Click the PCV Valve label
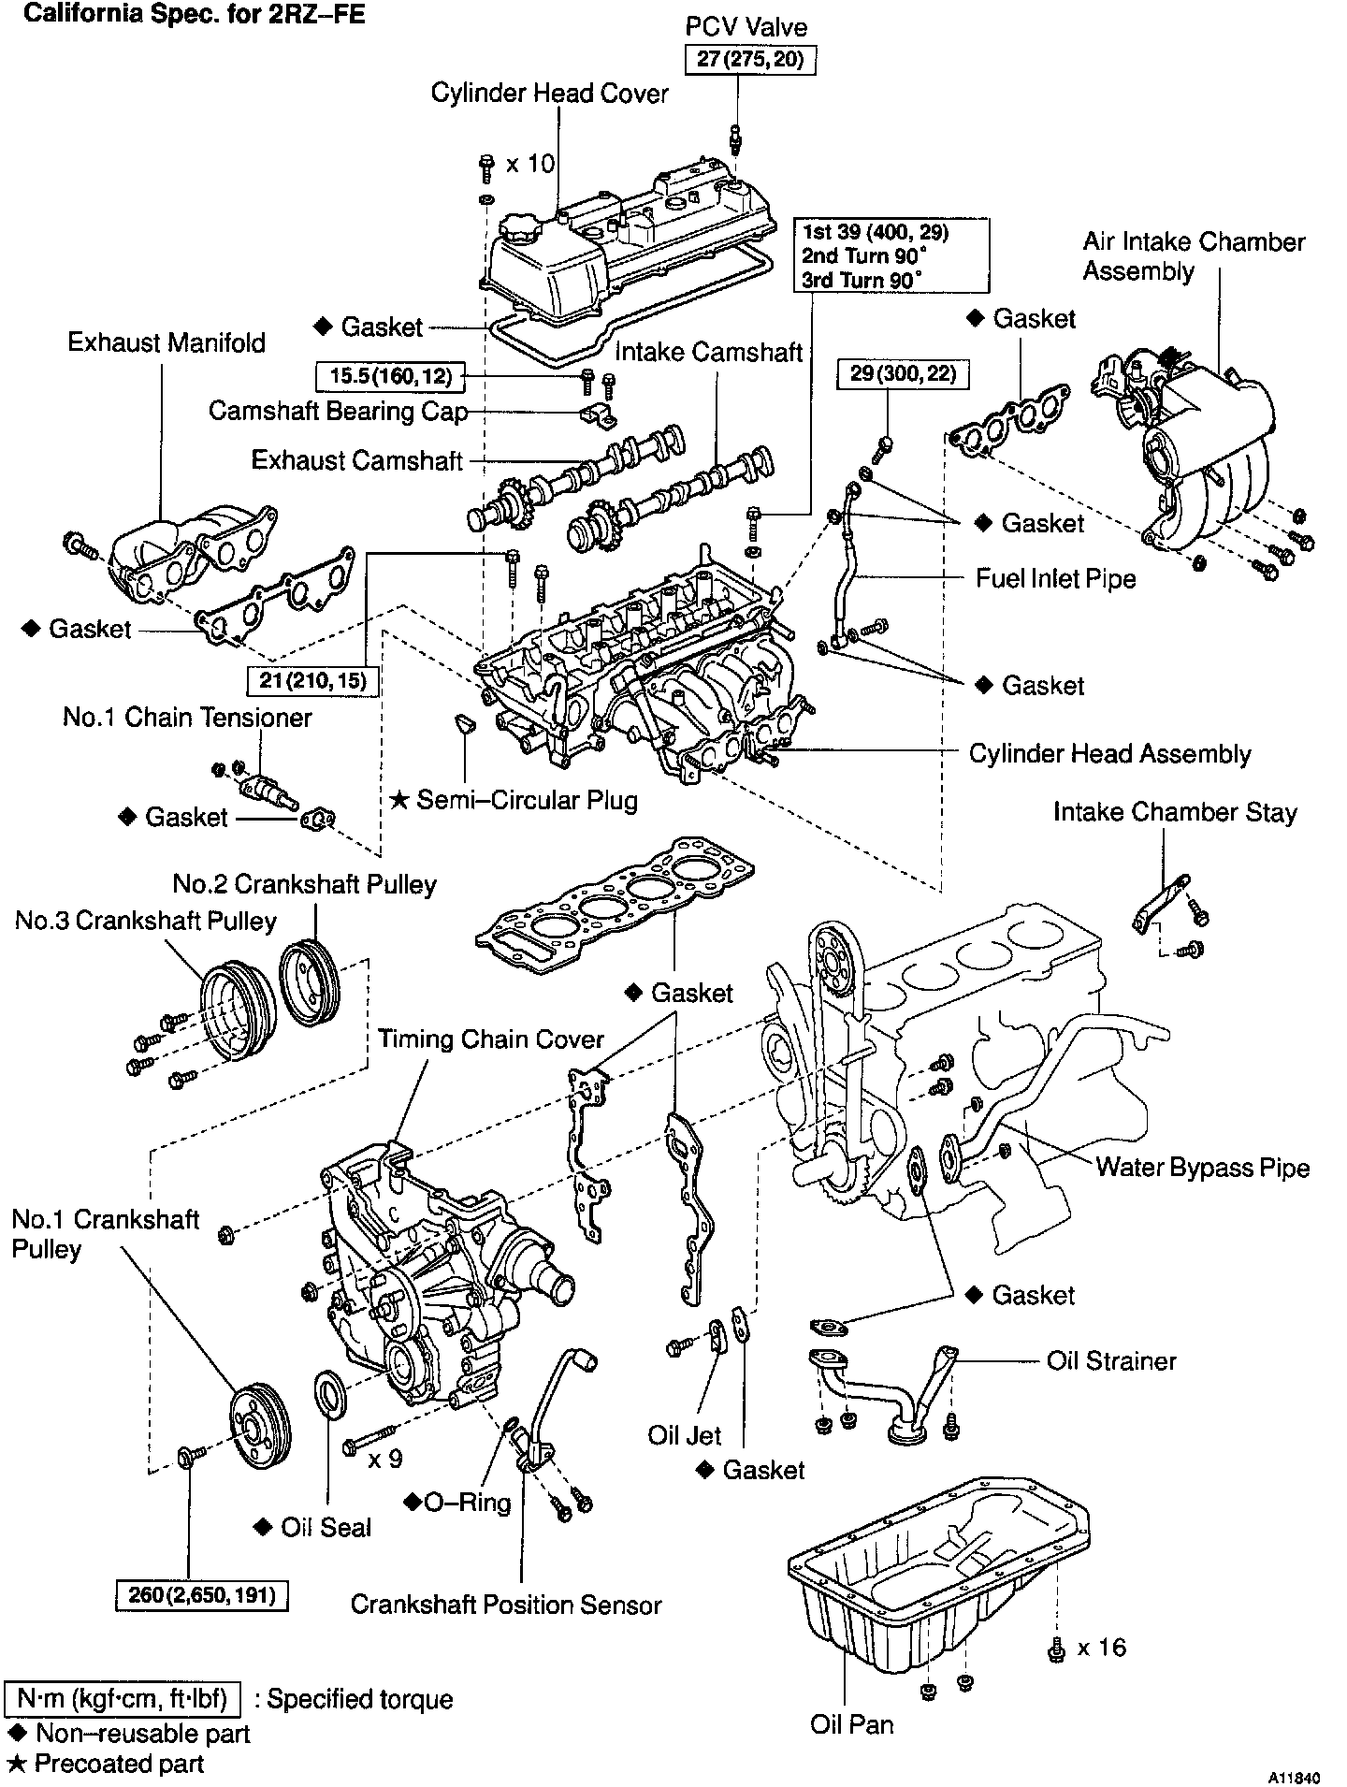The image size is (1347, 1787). pos(746,27)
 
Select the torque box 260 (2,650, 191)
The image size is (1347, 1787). pos(202,1594)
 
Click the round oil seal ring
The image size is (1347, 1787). pos(332,1391)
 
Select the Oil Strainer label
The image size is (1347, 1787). pos(1111,1360)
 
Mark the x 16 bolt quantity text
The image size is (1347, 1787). pos(1102,1648)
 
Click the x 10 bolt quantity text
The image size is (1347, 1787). pos(530,164)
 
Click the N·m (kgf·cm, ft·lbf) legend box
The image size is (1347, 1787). pos(123,1699)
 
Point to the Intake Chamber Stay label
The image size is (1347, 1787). pos(1175,812)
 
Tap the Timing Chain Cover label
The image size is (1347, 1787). pos(491,1039)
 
